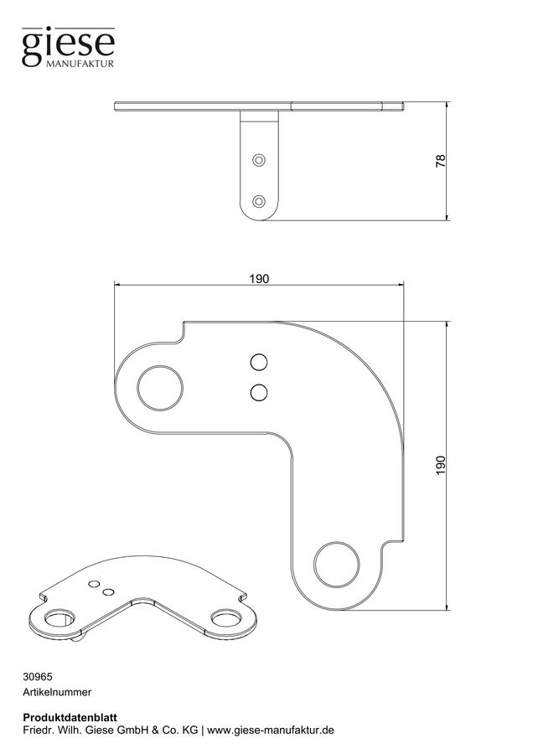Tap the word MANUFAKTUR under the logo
pos(80,64)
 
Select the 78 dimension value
pos(440,161)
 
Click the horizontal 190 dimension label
pos(259,279)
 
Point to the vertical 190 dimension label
pos(441,466)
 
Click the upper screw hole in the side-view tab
pos(259,160)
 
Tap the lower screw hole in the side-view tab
pos(259,201)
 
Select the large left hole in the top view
pos(160,388)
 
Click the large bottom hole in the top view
pos(336,565)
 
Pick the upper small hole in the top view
pos(259,362)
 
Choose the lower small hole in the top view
pos(259,392)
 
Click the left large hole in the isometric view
pos(60,618)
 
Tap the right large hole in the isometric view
pos(225,618)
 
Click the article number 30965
pos(38,677)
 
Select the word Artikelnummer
pos(57,692)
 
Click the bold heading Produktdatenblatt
pos(70,717)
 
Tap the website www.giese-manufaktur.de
pos(271,730)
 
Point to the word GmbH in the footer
pos(135,730)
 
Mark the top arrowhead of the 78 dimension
pos(447,105)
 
